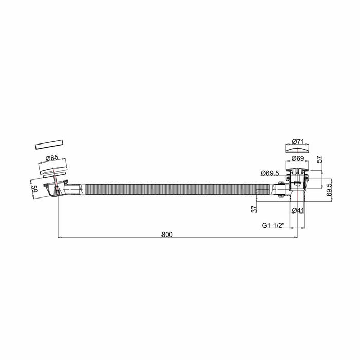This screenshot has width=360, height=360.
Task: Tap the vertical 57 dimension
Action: tap(319, 160)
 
